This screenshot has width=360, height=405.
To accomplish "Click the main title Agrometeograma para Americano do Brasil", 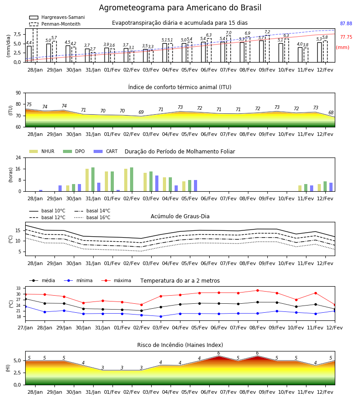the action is [x=180, y=8].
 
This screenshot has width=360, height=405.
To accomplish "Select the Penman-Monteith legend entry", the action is [x=55, y=24].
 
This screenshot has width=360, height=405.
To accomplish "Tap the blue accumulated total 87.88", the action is [x=346, y=23].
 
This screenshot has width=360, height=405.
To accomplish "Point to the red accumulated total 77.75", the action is [x=346, y=37].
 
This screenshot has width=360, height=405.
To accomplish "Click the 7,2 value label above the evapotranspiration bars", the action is [x=267, y=32].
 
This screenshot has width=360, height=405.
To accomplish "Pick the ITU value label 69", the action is [x=141, y=112].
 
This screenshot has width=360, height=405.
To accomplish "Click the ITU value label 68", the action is [x=331, y=112].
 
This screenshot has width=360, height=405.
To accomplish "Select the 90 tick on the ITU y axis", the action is [x=18, y=93].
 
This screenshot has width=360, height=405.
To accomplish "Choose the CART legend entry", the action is [x=106, y=151].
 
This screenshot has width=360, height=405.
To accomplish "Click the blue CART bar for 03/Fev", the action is [x=157, y=184].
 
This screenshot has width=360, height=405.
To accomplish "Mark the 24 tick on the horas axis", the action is [x=18, y=157].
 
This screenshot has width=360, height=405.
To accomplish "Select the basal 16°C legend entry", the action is [x=92, y=217].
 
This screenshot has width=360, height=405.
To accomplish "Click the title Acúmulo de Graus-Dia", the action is [x=180, y=216].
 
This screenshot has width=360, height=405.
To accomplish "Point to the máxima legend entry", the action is [x=116, y=280].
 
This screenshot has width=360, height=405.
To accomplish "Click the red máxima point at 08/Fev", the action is [x=257, y=291].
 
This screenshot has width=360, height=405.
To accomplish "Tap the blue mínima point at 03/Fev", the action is [x=161, y=316].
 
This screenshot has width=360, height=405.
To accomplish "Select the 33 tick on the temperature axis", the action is [x=18, y=288].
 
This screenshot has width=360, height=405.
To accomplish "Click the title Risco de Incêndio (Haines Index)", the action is [x=180, y=345].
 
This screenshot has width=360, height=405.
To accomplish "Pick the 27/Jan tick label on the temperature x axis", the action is [x=25, y=328].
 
